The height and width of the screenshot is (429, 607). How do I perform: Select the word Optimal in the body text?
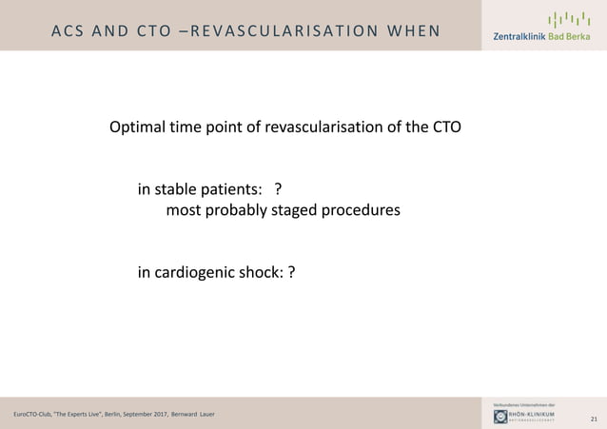click(138, 127)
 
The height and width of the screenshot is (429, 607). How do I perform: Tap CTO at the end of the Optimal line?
click(446, 127)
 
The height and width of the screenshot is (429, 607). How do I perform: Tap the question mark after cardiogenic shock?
click(291, 274)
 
